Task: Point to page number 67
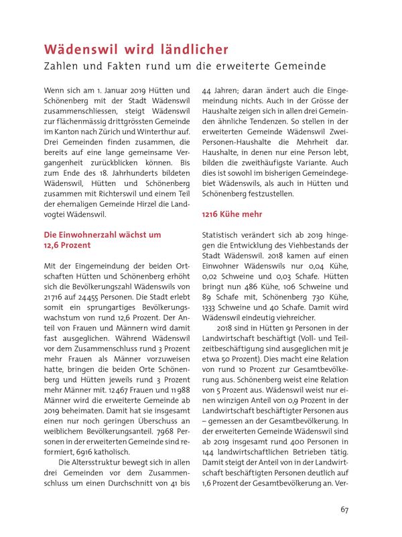pos(344,510)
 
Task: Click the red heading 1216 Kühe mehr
pos(232,214)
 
